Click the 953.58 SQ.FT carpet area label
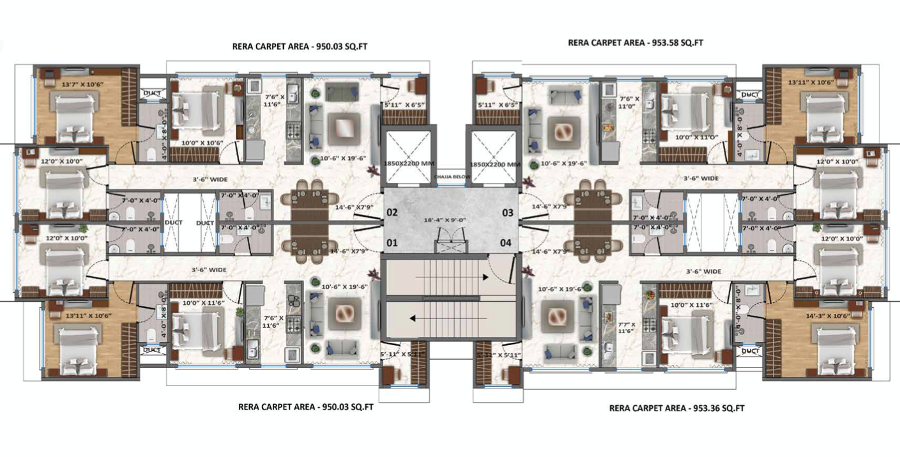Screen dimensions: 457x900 tap(635, 43)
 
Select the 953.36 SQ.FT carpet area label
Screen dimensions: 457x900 tap(676, 408)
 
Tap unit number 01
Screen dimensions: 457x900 tap(392, 242)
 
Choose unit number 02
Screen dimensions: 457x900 tap(392, 212)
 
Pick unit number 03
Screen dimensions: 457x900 tap(507, 212)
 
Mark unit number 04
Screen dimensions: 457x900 tap(506, 242)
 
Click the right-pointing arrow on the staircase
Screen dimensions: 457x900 tap(485, 277)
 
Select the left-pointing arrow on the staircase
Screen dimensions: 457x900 tap(414, 318)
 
